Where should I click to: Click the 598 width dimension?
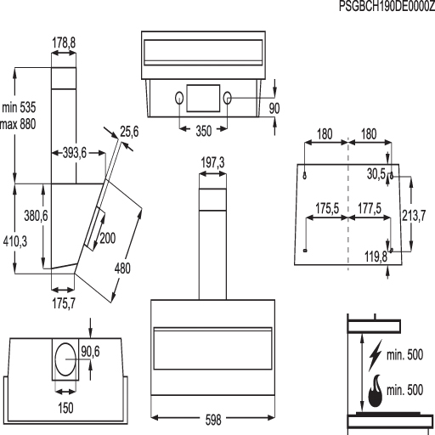[213, 420]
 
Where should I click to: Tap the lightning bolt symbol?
[376, 355]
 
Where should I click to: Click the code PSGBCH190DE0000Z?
[387, 6]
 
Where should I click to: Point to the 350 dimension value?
[204, 131]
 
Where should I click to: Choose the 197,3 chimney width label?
[212, 163]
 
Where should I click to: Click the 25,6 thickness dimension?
[129, 132]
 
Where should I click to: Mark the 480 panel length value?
[122, 268]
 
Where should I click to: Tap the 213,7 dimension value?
[414, 216]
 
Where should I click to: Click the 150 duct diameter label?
[65, 408]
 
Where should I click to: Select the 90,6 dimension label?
[90, 352]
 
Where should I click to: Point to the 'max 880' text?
[18, 124]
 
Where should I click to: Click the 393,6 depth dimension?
[75, 153]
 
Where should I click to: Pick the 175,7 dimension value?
[64, 303]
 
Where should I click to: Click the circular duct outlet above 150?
[65, 359]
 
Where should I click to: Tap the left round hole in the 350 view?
[179, 98]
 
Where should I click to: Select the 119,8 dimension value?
[376, 257]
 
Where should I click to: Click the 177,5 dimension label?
[370, 208]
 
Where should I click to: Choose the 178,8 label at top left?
[64, 43]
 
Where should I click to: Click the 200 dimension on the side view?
[108, 238]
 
